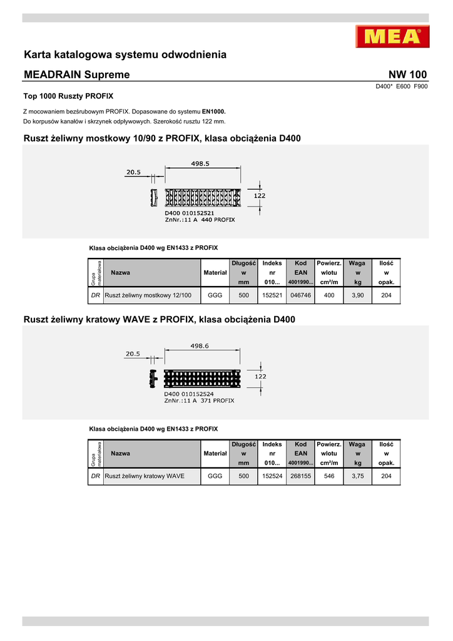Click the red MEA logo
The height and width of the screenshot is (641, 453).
(392, 36)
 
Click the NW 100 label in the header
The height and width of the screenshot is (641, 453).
(408, 74)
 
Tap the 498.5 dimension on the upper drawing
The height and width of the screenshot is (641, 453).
(200, 164)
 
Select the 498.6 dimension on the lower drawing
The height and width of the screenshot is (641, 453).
(200, 346)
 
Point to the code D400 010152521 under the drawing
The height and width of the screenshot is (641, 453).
(190, 213)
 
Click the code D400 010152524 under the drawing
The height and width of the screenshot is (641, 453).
(190, 394)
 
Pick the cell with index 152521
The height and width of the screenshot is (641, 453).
(272, 295)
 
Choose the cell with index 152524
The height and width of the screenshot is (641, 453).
(272, 476)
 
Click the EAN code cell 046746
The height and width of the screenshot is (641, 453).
(301, 295)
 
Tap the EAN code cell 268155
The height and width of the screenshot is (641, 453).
(301, 476)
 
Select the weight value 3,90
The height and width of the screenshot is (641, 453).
(357, 295)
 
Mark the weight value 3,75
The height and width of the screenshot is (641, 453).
(357, 476)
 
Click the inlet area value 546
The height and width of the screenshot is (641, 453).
(328, 476)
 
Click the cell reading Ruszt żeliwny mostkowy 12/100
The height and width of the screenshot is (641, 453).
(148, 295)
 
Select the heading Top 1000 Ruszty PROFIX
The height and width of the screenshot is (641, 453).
(68, 96)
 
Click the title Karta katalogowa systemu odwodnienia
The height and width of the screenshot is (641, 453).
(125, 54)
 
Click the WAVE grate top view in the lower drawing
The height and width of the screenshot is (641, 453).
(202, 379)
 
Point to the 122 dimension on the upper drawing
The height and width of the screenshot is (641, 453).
(259, 196)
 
